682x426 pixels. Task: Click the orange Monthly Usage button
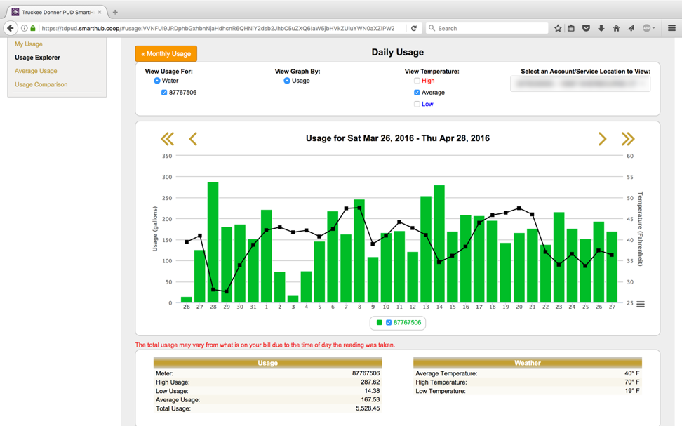[x=166, y=53]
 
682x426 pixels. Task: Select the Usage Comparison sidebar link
[x=41, y=84]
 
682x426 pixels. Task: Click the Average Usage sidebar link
[x=36, y=71]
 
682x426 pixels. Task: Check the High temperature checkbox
[x=417, y=81]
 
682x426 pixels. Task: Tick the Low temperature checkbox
[x=417, y=104]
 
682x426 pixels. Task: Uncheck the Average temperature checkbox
[x=417, y=93]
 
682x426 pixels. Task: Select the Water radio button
[x=157, y=81]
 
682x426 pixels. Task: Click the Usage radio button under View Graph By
[x=287, y=81]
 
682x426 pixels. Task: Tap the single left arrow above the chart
[x=193, y=139]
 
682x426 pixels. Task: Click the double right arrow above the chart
[x=627, y=139]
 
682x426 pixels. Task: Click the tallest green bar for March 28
[x=213, y=242]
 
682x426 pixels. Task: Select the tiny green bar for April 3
[x=293, y=300]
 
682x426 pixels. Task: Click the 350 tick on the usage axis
[x=166, y=156]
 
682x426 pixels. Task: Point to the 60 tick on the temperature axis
[x=630, y=156]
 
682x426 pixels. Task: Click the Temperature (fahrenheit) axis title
[x=641, y=229]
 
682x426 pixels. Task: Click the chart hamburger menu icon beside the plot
[x=641, y=304]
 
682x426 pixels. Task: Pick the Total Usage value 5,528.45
[x=366, y=408]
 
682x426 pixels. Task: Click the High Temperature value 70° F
[x=631, y=382]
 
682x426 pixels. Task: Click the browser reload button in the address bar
[x=414, y=28]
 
